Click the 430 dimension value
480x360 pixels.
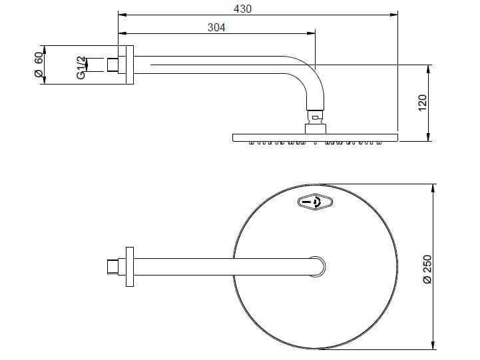[242, 9]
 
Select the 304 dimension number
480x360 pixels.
[216, 27]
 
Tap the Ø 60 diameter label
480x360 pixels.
[39, 65]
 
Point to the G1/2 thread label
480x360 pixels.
[81, 68]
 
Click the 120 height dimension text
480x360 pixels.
[422, 103]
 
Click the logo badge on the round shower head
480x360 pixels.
[315, 202]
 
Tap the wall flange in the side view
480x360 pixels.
[130, 65]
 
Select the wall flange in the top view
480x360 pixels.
[130, 267]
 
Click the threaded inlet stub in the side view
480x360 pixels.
[113, 65]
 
